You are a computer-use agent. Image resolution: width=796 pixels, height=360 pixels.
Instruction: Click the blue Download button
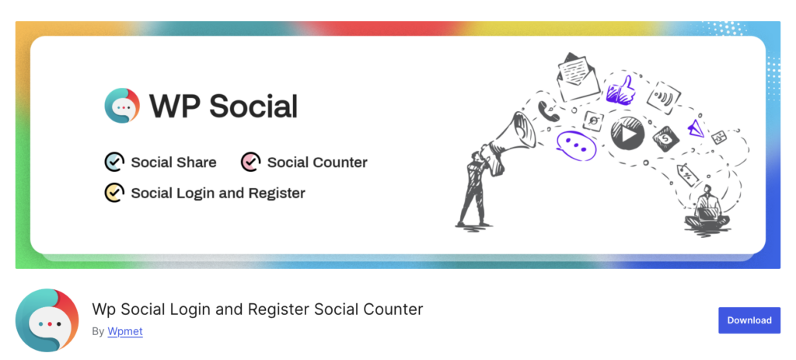749,320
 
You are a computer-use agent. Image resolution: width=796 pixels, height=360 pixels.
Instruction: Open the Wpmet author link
125,331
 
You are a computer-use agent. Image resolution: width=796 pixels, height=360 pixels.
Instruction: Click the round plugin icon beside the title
47,320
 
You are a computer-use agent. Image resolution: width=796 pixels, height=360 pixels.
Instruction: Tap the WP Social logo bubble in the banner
122,105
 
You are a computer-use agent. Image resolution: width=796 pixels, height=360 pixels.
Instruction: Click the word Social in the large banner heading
254,106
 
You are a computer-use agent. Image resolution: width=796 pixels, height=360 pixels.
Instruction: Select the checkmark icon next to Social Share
114,162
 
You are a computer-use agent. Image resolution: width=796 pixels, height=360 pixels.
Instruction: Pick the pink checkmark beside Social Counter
250,162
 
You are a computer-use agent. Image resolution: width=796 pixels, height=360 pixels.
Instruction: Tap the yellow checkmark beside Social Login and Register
114,192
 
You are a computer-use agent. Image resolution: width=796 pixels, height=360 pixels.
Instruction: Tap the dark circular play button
627,134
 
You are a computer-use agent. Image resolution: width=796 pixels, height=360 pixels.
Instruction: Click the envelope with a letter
576,75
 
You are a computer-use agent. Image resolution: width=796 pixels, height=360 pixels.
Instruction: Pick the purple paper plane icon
696,128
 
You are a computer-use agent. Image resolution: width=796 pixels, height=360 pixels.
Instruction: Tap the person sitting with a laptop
707,209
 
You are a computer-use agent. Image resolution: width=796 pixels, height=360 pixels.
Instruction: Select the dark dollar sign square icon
665,140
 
